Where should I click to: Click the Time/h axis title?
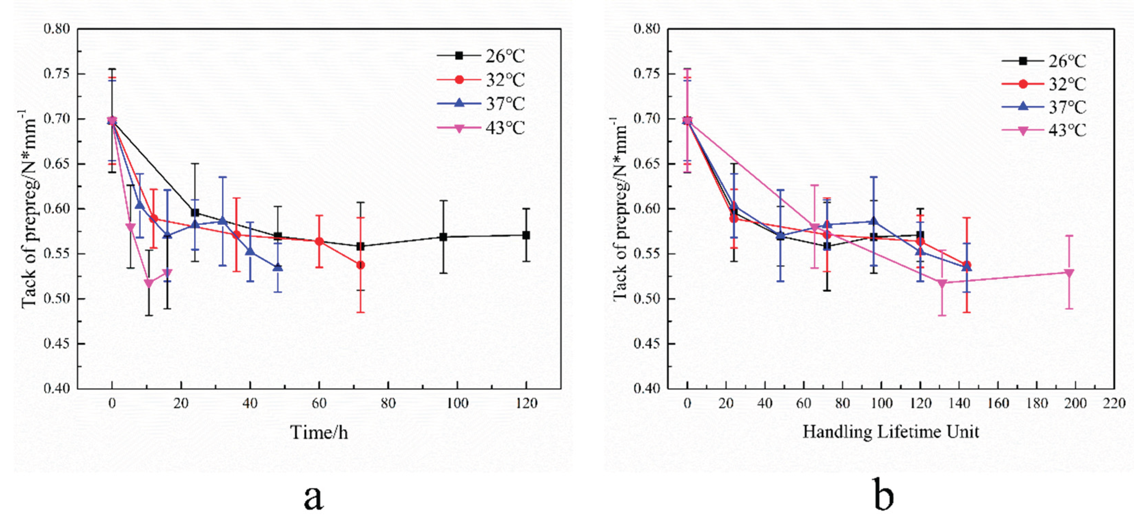click(x=319, y=432)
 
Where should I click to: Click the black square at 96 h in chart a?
click(x=443, y=237)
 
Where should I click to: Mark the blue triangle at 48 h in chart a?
click(x=278, y=268)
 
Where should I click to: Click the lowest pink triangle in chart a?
click(x=149, y=283)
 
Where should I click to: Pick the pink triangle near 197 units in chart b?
click(x=1069, y=273)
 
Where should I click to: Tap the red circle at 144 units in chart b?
click(x=967, y=265)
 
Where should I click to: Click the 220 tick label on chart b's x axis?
click(x=1114, y=403)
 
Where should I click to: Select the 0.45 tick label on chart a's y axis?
click(x=56, y=343)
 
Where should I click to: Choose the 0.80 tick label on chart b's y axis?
click(x=647, y=29)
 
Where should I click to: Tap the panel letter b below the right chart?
click(x=884, y=496)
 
